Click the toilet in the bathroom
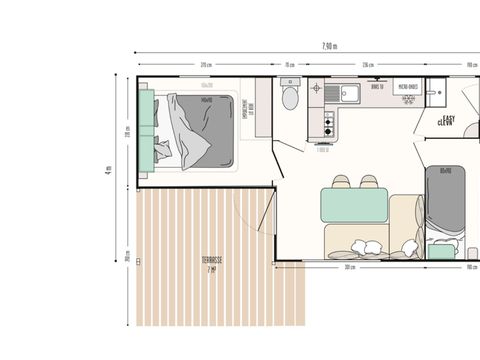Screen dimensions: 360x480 pyautogui.click(x=290, y=98)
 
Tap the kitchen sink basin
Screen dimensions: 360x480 pyautogui.click(x=351, y=94)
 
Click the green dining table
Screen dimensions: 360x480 pyautogui.click(x=354, y=206)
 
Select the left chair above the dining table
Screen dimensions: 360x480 pyautogui.click(x=342, y=181)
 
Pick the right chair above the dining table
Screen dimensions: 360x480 pyautogui.click(x=369, y=181)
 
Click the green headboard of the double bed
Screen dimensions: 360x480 pyautogui.click(x=146, y=126)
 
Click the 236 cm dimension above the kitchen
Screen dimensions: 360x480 pyautogui.click(x=367, y=65)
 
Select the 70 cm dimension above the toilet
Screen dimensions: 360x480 pyautogui.click(x=290, y=65)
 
